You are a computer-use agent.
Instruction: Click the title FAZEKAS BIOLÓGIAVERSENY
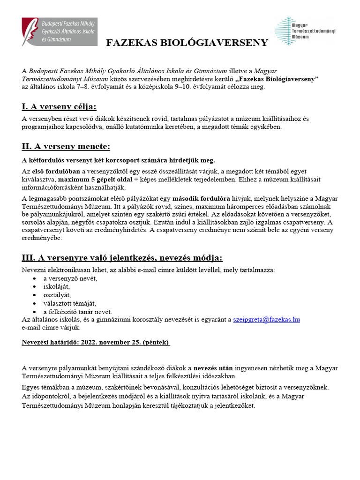187,43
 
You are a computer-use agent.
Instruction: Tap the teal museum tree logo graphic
283,31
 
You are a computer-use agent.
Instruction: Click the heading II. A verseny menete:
66,146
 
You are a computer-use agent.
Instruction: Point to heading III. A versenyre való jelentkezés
122,258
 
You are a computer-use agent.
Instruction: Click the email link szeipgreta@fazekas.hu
266,320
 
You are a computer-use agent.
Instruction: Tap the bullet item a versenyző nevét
70,278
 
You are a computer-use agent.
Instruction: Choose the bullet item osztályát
57,295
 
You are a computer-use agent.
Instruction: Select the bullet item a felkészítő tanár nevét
78,312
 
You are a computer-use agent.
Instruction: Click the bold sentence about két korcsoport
118,160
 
